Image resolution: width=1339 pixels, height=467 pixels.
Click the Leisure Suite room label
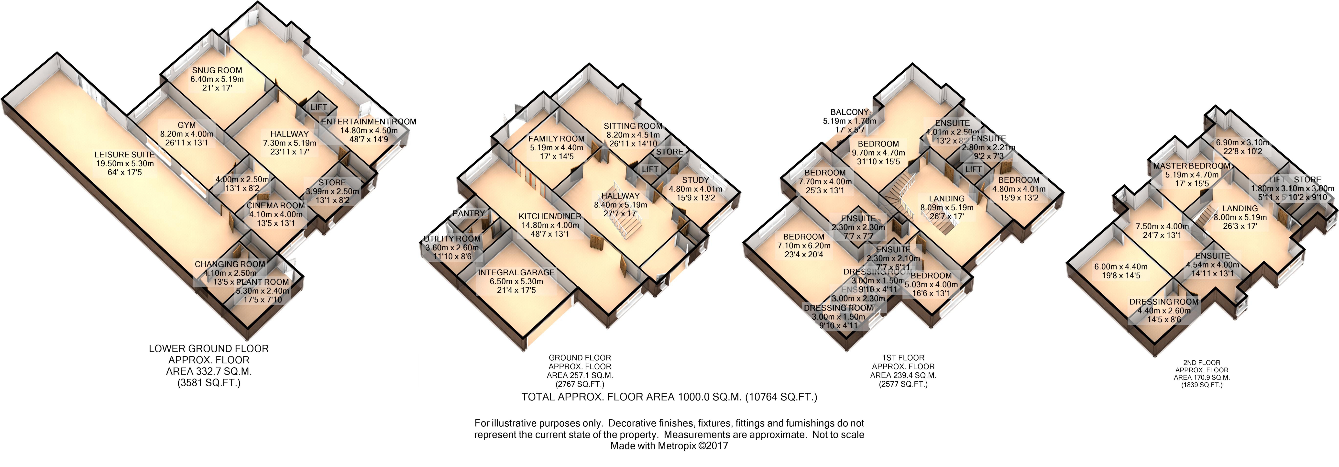[x=125, y=155]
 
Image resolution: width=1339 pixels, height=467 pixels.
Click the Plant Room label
[x=263, y=282]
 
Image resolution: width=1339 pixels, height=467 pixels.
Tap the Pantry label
[x=468, y=213]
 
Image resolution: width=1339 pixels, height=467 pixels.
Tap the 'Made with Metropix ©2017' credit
[x=669, y=446]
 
